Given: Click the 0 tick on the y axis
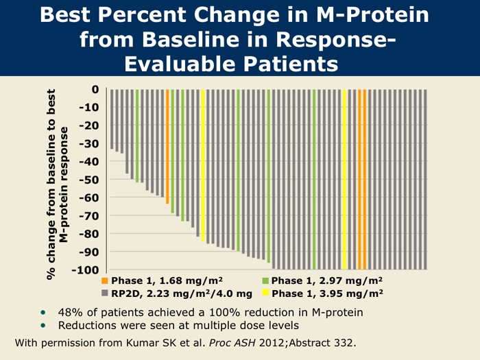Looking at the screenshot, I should coord(95,90).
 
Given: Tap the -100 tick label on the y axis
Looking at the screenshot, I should coord(85,269).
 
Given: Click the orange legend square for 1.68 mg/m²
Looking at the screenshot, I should coord(105,281).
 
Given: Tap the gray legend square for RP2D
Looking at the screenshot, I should coord(105,293).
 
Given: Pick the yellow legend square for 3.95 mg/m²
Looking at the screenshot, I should coord(265,293).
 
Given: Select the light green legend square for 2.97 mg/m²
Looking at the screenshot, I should coord(265,281).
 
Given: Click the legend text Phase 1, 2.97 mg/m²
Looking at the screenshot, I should coord(327,281).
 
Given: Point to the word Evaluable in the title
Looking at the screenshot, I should coord(180,63).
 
